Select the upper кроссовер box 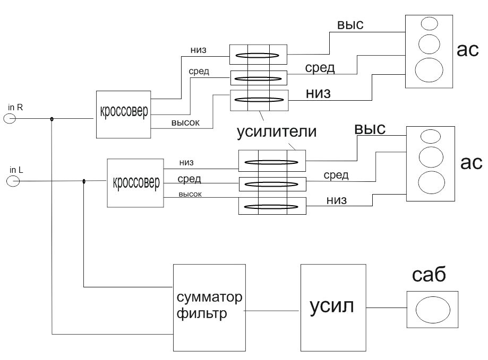pos(124,114)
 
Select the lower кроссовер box pos(135,183)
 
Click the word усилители pos(276,131)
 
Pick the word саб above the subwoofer pos(429,275)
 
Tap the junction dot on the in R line pos(52,119)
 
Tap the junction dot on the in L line pos(84,182)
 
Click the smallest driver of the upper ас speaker pos(428,23)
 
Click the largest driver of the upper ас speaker pos(429,70)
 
